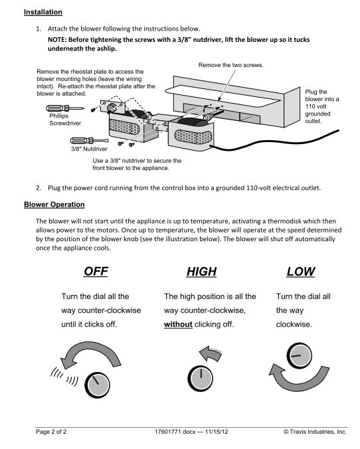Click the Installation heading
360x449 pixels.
click(43, 13)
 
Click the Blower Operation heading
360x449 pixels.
click(54, 205)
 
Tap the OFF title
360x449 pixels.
click(96, 271)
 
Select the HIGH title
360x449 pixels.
click(202, 272)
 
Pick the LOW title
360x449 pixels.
click(301, 272)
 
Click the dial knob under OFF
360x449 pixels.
click(98, 385)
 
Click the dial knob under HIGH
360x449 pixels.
click(201, 379)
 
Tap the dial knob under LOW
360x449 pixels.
click(300, 355)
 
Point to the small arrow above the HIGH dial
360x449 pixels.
click(211, 353)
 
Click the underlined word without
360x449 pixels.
click(178, 324)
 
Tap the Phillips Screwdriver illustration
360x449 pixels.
click(64, 108)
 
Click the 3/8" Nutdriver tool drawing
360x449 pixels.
click(90, 141)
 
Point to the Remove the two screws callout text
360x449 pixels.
click(231, 65)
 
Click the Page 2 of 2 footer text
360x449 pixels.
click(51, 432)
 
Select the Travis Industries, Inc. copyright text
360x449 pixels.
click(315, 432)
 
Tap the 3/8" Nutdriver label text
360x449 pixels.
click(89, 149)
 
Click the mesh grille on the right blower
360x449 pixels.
click(194, 137)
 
